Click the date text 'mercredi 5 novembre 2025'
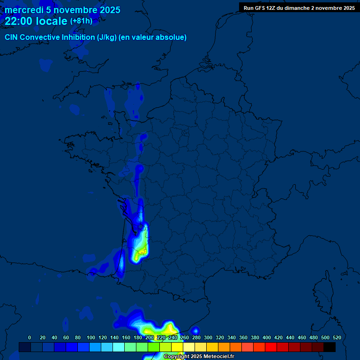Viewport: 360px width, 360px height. click(62, 10)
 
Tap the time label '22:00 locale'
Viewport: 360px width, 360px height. click(36, 21)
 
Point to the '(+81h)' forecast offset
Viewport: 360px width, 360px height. click(81, 21)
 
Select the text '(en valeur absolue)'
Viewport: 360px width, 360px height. click(153, 37)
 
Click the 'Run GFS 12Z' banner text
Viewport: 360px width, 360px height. click(259, 8)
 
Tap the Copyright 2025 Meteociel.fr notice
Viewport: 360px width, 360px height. click(199, 356)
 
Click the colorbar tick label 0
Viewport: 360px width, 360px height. click(30, 337)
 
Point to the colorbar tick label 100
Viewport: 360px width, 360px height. click(91, 337)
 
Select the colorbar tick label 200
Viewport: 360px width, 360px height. click(150, 337)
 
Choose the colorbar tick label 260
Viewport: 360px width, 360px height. click(185, 337)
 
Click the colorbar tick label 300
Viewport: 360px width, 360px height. click(208, 337)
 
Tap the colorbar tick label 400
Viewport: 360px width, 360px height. click(267, 337)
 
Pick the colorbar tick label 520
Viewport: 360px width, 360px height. click(337, 337)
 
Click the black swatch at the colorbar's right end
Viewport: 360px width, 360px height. click(330, 347)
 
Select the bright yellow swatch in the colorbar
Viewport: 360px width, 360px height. click(177, 347)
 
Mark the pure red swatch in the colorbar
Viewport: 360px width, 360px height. click(271, 347)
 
